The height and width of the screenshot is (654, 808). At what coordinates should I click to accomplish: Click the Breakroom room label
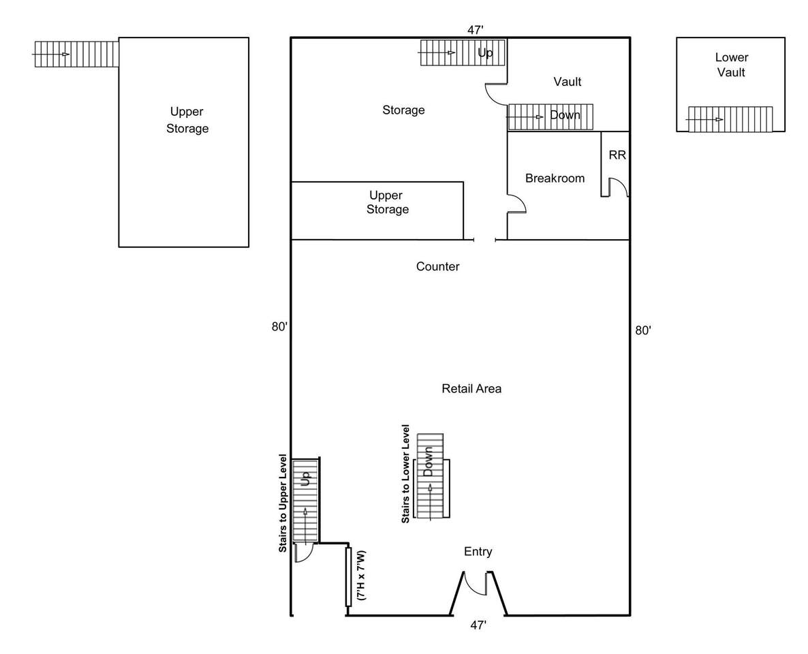[x=555, y=178]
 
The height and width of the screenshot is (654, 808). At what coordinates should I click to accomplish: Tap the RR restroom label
[x=617, y=155]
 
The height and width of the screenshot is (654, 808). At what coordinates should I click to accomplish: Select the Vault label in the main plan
[x=567, y=82]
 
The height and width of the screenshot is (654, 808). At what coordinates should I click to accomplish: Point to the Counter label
[x=437, y=266]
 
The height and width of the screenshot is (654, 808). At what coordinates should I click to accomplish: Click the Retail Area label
[x=471, y=389]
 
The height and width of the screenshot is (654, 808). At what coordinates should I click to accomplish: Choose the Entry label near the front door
[x=478, y=552]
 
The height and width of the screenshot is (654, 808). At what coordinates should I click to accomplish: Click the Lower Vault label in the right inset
[x=731, y=65]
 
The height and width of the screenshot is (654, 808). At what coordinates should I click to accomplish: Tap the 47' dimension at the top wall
[x=475, y=30]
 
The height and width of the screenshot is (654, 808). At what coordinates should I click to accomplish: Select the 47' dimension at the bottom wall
[x=478, y=625]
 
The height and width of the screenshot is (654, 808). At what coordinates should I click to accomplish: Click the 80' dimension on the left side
[x=279, y=327]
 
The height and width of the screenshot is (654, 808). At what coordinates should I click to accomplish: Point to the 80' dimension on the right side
[x=643, y=330]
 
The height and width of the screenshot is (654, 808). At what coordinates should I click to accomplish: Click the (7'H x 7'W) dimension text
[x=362, y=575]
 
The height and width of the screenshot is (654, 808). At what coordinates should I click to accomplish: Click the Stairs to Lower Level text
[x=405, y=474]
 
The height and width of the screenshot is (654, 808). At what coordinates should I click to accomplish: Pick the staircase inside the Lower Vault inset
[x=730, y=119]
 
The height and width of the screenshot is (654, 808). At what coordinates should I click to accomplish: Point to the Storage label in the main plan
[x=403, y=110]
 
